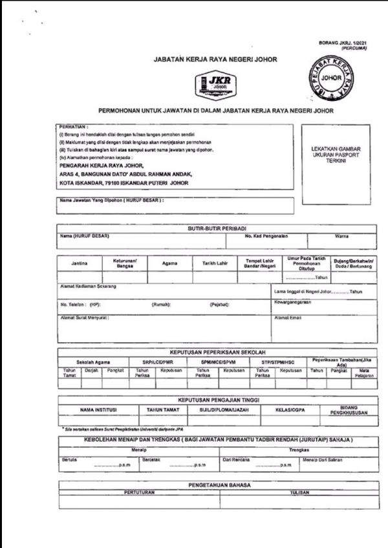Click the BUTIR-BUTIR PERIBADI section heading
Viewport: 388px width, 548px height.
214,230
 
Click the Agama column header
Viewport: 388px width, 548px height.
170,263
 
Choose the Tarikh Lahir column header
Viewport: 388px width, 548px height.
215,263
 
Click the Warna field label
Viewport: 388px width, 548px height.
341,237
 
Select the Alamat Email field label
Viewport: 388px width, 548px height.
288,318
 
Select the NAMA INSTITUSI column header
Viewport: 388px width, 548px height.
98,410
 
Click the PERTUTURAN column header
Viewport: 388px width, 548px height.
138,492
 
